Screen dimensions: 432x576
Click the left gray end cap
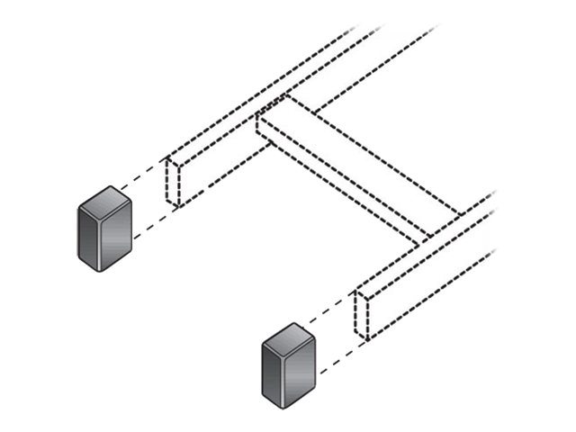(104, 229)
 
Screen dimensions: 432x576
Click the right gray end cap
(288, 365)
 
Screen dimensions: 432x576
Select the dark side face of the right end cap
(272, 374)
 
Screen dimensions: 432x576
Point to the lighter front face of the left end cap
(114, 236)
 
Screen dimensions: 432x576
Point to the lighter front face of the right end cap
(298, 372)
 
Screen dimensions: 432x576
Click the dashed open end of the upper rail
(173, 183)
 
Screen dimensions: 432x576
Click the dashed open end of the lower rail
(362, 314)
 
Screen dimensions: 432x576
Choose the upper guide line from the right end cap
(328, 311)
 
